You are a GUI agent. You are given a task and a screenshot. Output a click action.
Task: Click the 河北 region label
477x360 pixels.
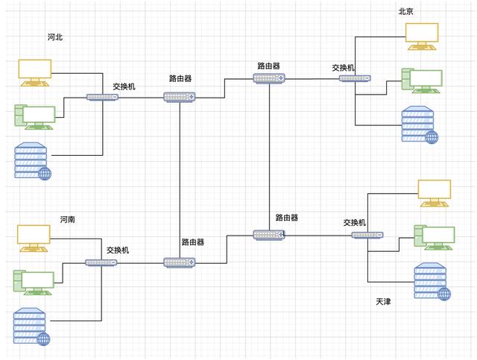coord(54,37)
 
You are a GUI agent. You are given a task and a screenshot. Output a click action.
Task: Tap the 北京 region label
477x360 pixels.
coord(406,11)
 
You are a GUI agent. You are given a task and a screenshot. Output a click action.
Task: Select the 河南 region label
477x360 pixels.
coord(68,220)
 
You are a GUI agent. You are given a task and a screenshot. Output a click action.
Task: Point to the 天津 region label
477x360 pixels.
coord(384,302)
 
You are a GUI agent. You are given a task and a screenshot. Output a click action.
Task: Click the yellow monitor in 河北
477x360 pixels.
coord(35,72)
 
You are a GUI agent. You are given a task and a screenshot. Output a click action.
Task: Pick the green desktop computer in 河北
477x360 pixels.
coord(35,116)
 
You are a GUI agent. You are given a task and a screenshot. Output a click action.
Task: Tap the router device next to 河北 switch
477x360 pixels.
coord(180,97)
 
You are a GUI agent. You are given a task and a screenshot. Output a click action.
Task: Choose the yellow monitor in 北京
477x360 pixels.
coord(422,35)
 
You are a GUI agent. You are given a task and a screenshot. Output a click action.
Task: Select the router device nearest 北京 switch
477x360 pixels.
coord(268,78)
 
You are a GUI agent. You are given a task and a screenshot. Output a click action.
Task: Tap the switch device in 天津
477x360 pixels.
coord(368,236)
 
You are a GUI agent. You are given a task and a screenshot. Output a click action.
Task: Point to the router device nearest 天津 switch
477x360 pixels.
coord(268,235)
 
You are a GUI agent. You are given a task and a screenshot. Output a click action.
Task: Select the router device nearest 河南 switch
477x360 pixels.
coord(180,262)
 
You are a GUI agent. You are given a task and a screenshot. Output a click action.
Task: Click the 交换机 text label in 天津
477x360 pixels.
coord(355,222)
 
